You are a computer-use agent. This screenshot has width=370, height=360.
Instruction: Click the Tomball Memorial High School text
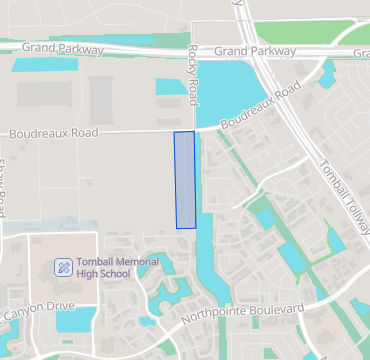[x=117, y=267]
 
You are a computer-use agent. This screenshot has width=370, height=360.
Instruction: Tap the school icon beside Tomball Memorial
[x=63, y=267]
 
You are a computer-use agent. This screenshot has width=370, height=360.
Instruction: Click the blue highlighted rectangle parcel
[x=185, y=180]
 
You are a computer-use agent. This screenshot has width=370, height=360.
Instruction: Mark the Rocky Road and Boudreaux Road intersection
[x=194, y=129]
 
